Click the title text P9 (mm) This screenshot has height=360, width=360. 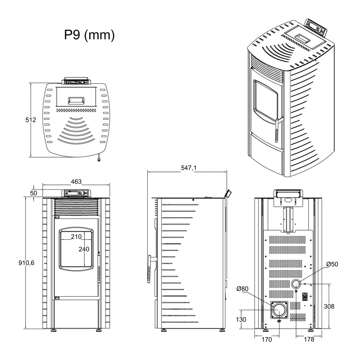tap(89, 35)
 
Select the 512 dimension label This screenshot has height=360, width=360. tap(31, 120)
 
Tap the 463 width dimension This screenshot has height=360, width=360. tap(76, 182)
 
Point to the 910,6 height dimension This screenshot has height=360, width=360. tap(26, 263)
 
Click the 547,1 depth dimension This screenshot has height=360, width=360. tap(188, 168)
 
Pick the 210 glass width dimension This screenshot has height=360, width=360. tap(76, 237)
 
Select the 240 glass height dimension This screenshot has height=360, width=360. tap(84, 249)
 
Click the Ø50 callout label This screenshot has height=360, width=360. tap(332, 264)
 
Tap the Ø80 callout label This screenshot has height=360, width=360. tap(243, 289)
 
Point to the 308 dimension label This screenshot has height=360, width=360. tap(329, 306)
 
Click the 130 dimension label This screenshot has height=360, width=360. tap(241, 320)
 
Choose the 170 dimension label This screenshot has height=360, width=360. tap(267, 340)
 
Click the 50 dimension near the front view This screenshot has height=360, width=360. tap(33, 193)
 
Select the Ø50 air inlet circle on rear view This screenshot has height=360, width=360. tap(296, 283)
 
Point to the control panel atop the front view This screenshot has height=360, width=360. tap(76, 193)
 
